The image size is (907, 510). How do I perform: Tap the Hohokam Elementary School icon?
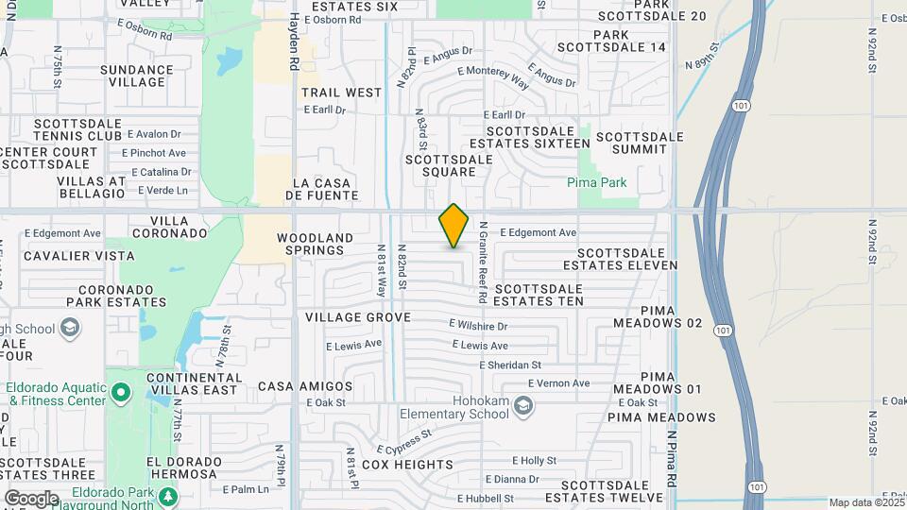[x=524, y=406]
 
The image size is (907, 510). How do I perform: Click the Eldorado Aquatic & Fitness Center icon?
[x=120, y=391]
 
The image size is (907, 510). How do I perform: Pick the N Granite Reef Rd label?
[x=482, y=263]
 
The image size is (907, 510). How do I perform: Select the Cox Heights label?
[x=407, y=465]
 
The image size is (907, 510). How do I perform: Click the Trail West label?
[x=341, y=93]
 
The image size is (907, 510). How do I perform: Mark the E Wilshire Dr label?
[x=478, y=325]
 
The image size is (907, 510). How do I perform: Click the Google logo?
[x=31, y=498]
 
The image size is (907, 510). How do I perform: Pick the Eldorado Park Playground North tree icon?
[x=167, y=496]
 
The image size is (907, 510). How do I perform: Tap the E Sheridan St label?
[x=510, y=365]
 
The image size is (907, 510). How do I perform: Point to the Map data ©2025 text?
[x=864, y=502]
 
